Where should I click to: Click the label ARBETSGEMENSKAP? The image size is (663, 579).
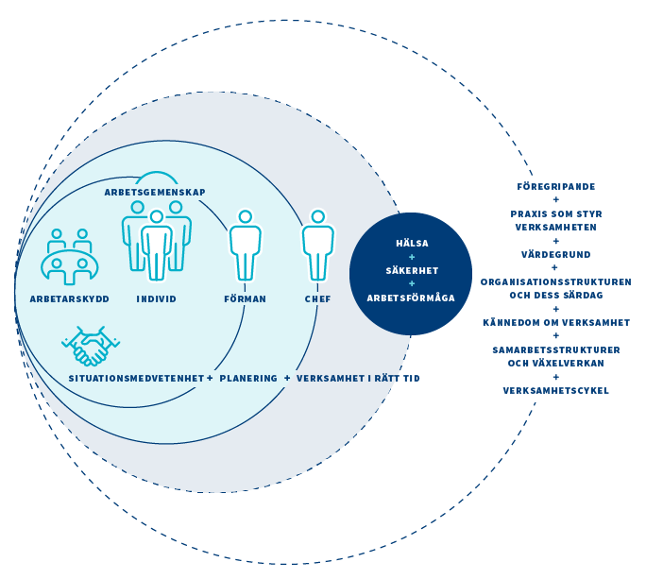155,193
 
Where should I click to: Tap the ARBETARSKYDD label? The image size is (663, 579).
70,298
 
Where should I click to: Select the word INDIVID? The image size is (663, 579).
157,298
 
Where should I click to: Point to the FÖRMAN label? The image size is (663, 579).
246,298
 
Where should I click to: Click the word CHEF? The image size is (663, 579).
317,298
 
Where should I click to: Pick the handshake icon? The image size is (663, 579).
91,346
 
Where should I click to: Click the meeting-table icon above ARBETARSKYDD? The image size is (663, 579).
70,256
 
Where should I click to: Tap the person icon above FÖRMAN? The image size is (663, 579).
246,245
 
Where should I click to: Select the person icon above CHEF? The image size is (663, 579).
317,245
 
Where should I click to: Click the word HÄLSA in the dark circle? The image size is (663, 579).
412,243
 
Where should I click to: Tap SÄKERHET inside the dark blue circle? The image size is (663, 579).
412,270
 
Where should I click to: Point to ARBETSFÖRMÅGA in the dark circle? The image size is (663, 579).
411,298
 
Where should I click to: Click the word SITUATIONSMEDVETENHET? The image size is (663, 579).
136,378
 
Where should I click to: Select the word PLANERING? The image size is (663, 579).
250,378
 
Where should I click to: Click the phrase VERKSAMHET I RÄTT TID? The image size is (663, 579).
358,378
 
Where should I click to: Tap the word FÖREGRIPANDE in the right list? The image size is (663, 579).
555,186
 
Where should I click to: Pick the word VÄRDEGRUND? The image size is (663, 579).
555,254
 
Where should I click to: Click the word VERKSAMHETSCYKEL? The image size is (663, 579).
555,390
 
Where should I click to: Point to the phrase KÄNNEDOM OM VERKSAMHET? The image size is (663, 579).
555,322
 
